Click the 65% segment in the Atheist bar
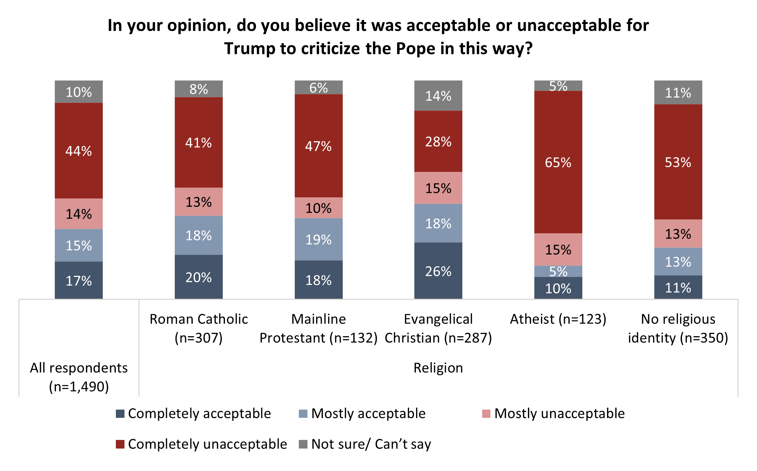[558, 162]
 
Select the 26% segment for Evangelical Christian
[438, 271]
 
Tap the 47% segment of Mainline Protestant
[318, 146]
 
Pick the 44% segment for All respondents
[79, 151]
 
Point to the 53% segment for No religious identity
[678, 162]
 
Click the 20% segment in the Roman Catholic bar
[198, 277]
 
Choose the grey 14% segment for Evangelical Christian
[438, 96]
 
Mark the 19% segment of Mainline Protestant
[318, 239]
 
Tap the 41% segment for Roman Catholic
[198, 142]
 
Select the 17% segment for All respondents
[79, 280]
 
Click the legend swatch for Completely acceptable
[120, 414]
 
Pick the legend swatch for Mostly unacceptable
[486, 414]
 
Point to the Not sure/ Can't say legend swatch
[303, 444]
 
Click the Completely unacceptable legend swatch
[120, 444]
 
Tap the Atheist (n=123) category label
[558, 319]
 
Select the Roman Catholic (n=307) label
[198, 328]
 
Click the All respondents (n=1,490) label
[79, 377]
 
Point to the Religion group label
[438, 368]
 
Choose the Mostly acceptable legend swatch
[303, 414]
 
